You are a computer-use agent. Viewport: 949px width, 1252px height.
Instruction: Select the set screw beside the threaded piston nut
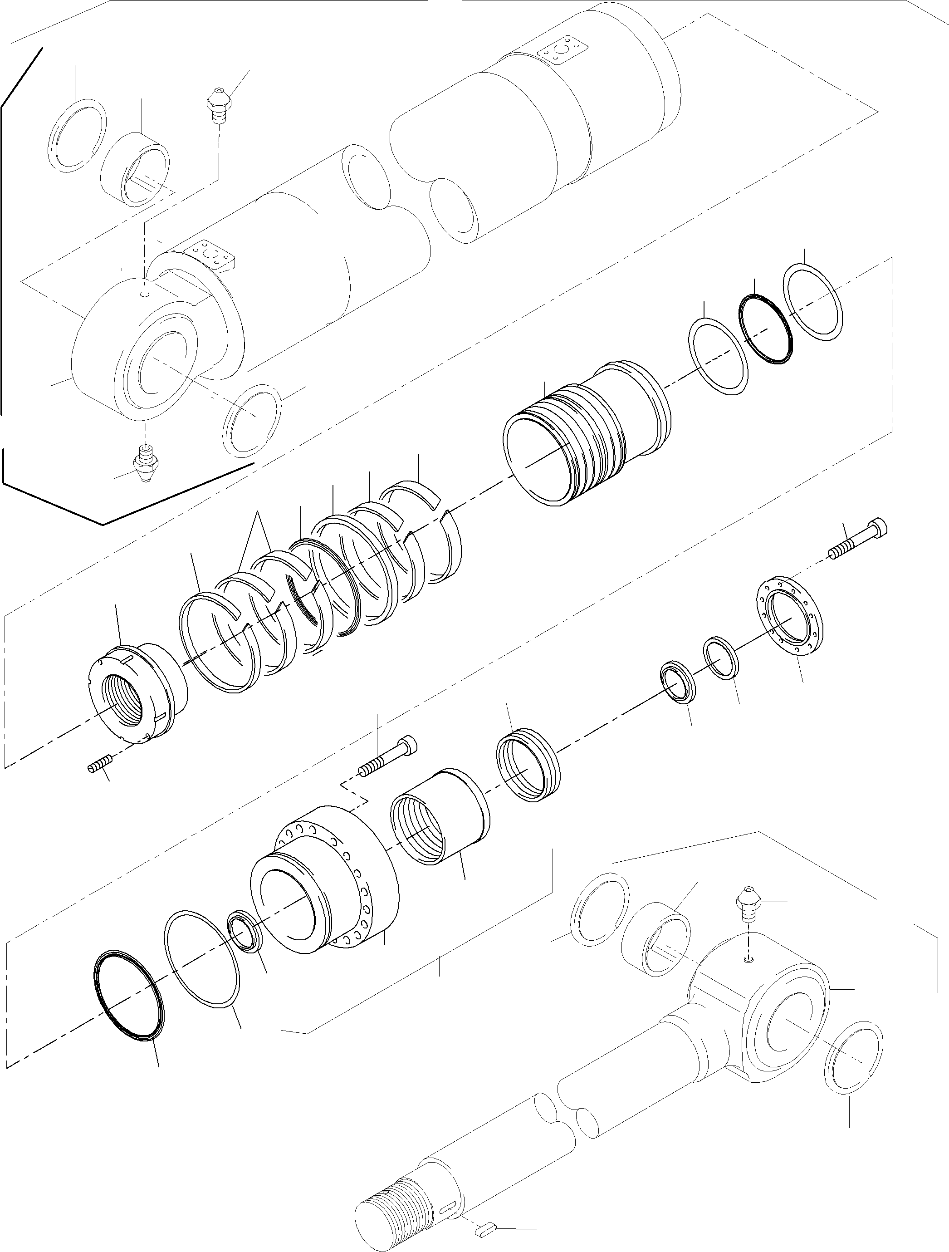(x=100, y=769)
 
